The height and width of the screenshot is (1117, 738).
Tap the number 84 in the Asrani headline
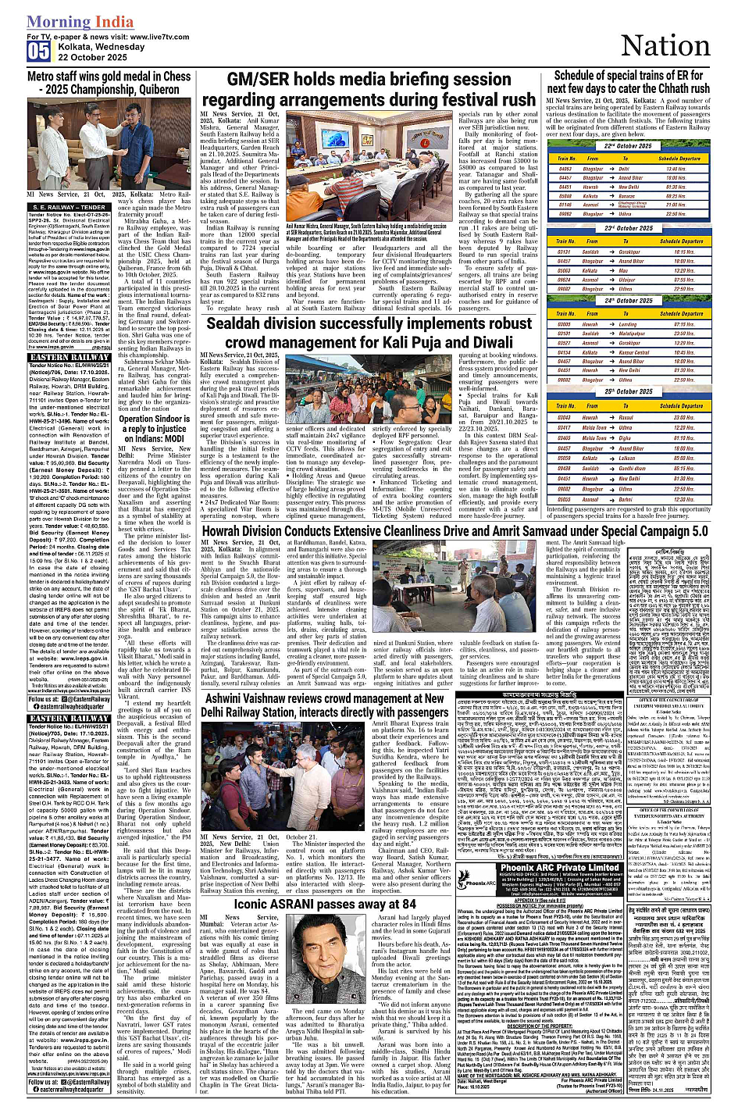[407, 904]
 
